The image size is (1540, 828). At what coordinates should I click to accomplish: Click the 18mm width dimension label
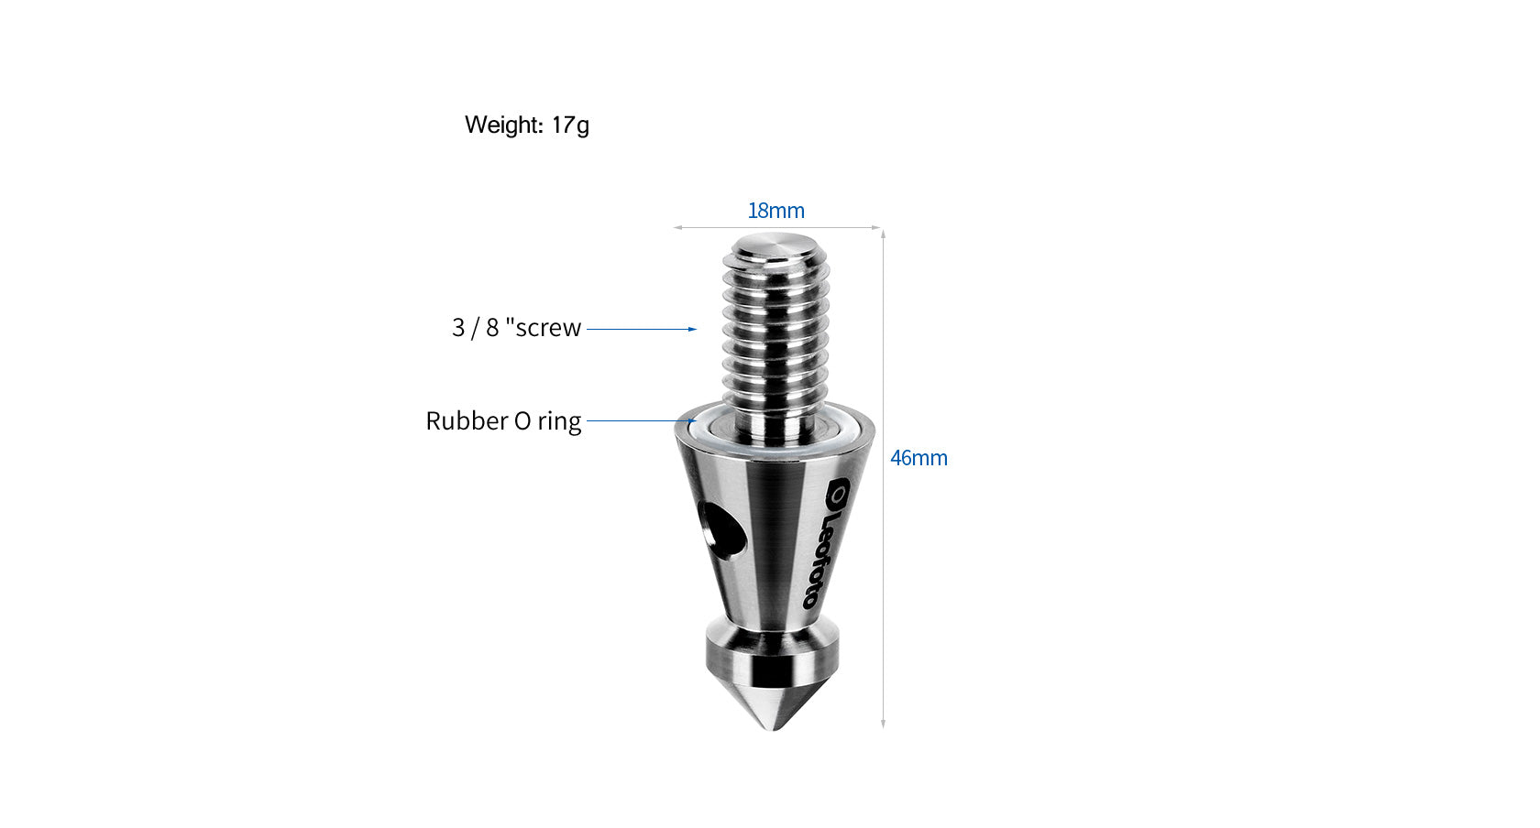[x=775, y=211]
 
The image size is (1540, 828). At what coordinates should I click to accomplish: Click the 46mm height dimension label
[x=918, y=458]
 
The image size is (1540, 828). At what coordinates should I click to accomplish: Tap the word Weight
[x=503, y=125]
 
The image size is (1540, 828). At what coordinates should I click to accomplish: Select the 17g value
[x=570, y=125]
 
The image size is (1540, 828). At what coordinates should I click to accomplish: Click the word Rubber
[x=467, y=421]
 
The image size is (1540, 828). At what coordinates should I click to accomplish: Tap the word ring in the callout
[x=559, y=421]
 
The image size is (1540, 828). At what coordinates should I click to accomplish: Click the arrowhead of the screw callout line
[x=693, y=329]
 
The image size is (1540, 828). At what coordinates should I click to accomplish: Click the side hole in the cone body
[x=719, y=528]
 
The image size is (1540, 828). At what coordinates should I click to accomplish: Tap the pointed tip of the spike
[x=775, y=727]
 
